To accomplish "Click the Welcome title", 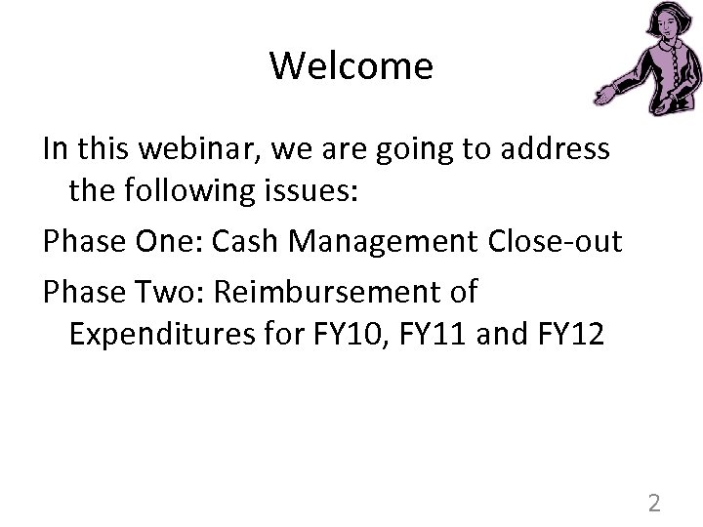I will [x=351, y=66].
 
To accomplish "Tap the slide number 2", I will [x=654, y=504].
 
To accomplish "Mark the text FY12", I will [x=573, y=336].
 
